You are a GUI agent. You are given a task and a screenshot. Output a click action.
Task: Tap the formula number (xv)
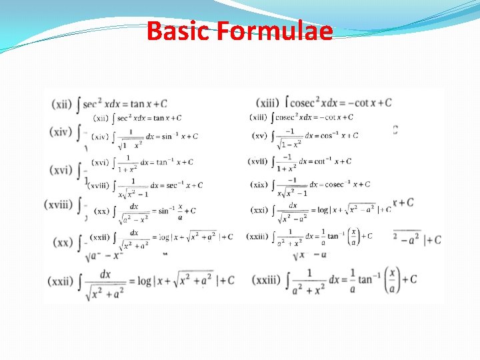(259, 136)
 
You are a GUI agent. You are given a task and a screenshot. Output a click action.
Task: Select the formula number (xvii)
(258, 161)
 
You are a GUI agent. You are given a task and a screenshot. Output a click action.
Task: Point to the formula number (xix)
(259, 185)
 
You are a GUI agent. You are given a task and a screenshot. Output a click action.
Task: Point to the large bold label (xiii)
(268, 103)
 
